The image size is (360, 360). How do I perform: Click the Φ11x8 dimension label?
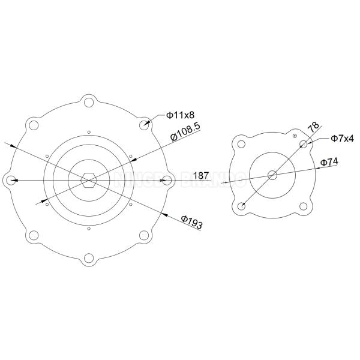click(179, 115)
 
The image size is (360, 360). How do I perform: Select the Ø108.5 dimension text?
click(185, 132)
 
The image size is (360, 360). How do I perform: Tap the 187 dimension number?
click(202, 176)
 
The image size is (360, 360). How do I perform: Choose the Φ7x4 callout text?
click(342, 139)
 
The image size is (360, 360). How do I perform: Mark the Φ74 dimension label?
click(331, 162)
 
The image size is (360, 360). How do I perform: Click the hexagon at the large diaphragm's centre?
click(89, 179)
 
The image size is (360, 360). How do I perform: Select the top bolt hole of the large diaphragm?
click(89, 101)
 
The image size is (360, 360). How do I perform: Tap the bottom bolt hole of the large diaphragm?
click(89, 258)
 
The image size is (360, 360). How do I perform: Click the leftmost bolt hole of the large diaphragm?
click(10, 179)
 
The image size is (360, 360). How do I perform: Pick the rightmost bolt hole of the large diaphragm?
click(167, 179)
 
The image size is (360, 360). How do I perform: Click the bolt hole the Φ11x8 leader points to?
click(145, 124)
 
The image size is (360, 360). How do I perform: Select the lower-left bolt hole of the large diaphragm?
click(34, 235)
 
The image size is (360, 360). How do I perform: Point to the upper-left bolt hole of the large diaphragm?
click(34, 124)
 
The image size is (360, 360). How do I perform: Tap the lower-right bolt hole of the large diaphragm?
click(145, 235)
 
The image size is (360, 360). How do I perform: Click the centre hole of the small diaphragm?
click(272, 175)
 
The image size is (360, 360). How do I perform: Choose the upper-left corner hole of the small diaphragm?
click(241, 144)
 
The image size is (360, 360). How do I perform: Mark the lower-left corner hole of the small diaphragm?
click(241, 206)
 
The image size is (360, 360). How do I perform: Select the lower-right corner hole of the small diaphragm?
click(304, 206)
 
